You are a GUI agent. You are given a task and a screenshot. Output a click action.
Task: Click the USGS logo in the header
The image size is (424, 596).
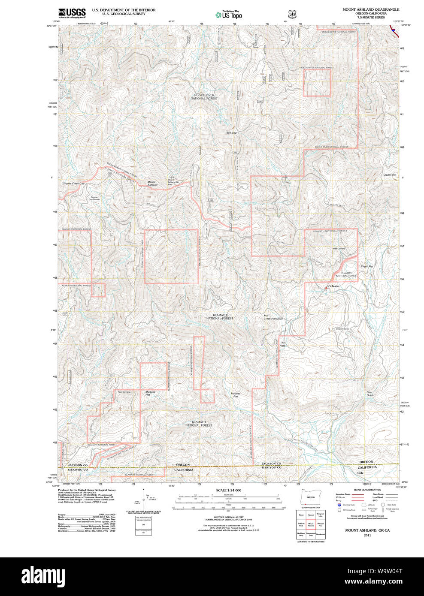72,13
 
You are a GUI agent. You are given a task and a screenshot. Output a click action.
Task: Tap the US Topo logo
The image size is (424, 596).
229,15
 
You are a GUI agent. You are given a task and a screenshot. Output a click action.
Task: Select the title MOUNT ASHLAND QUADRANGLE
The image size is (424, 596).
370,9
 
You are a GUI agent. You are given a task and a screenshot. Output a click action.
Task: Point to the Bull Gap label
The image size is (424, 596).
231,133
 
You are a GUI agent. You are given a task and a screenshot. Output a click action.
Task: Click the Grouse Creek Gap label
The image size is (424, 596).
73,184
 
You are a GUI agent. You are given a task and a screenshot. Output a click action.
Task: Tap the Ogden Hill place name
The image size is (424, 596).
390,175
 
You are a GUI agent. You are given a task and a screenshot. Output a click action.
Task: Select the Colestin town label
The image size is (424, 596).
333,286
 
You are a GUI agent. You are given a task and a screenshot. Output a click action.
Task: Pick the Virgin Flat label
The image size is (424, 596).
367,266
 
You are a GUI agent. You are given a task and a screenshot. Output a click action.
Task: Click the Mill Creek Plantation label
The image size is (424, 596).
273,317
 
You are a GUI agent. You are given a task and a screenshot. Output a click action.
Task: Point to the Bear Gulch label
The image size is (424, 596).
369,394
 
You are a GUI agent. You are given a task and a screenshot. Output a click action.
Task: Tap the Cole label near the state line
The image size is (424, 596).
360,473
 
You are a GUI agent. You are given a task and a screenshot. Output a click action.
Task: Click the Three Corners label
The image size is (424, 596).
338,249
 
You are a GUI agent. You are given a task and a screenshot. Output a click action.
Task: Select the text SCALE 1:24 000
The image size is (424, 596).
228,490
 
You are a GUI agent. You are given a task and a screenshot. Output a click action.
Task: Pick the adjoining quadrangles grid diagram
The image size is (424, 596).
311,525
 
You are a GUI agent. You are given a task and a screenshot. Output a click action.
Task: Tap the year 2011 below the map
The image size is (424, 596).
367,535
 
